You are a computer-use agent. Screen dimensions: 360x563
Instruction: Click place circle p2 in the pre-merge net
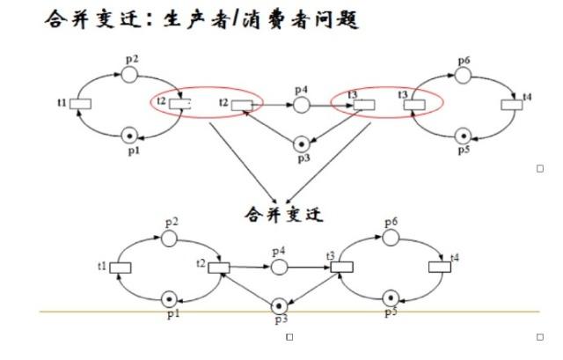click(x=129, y=75)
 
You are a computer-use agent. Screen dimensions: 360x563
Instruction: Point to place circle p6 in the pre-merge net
click(x=464, y=75)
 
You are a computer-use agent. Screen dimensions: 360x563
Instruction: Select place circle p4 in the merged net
click(x=280, y=267)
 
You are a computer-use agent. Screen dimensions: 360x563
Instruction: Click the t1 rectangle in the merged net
click(x=120, y=268)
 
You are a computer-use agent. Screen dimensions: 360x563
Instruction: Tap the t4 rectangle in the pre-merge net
click(x=512, y=105)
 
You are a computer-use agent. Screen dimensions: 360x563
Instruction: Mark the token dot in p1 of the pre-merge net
click(x=129, y=135)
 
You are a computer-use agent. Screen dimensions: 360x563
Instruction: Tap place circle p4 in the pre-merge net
click(x=301, y=105)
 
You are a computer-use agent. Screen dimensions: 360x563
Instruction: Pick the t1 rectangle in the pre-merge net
click(x=80, y=105)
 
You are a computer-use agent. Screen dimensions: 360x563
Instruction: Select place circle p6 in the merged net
click(x=389, y=238)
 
